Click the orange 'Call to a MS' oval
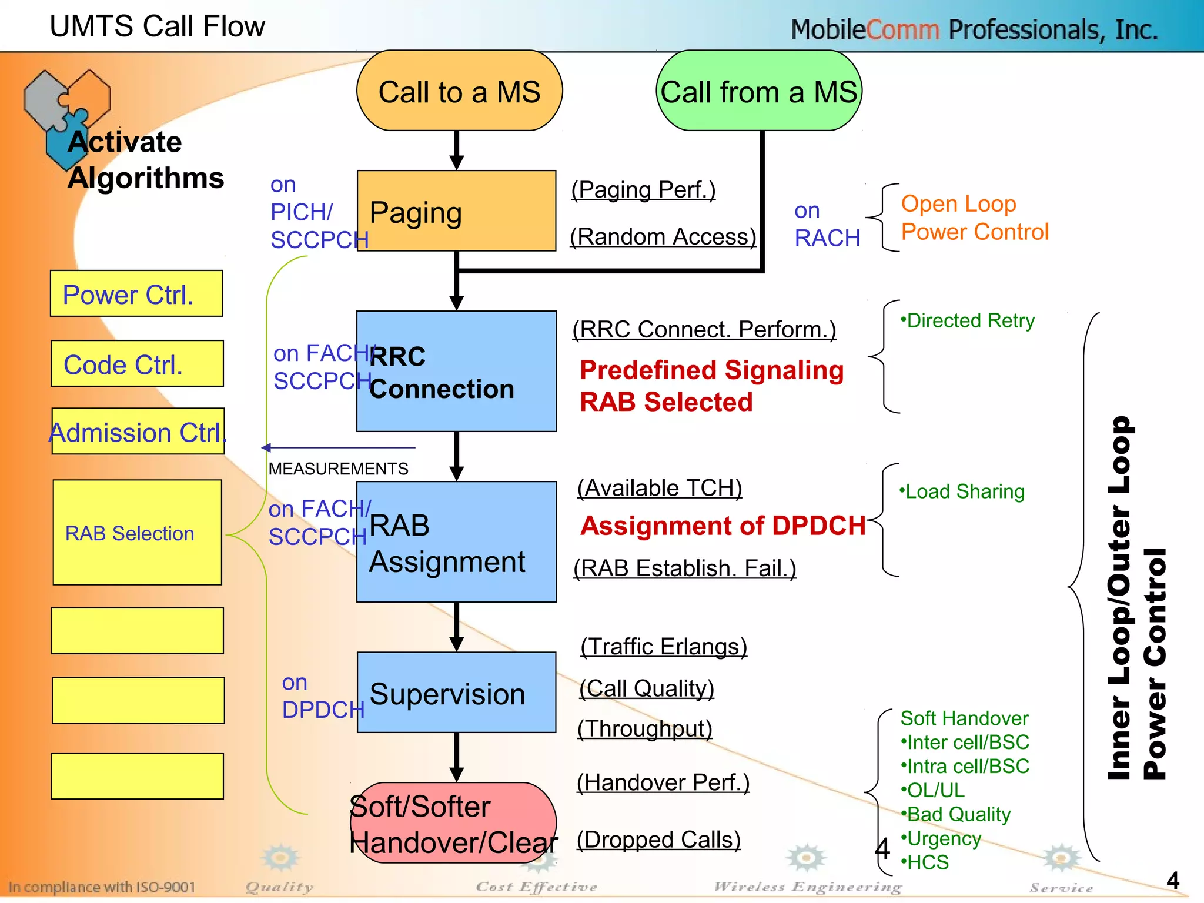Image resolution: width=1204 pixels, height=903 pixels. pos(459,91)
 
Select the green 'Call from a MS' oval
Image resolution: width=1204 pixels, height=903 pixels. pos(758,91)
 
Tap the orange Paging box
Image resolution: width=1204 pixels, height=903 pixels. pos(456,211)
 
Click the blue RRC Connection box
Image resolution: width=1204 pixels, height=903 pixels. pos(456,372)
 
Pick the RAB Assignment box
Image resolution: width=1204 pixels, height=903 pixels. pos(456,542)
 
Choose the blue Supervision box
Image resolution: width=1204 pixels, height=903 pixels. pos(456,693)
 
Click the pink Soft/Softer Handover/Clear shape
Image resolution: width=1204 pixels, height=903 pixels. pos(453,823)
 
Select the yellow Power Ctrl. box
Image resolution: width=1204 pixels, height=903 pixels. pos(136,294)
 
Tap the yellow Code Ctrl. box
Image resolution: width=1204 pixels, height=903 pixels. pos(137,364)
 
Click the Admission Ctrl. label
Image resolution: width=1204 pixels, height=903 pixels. pos(138,432)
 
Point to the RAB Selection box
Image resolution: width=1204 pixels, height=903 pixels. pos(137,533)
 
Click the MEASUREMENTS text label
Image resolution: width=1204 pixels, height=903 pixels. pos(338,469)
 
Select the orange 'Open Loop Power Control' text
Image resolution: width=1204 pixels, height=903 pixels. pos(974,218)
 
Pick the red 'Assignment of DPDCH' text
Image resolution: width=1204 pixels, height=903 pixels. pos(723,526)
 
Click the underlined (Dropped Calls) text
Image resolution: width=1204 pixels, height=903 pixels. pos(658,840)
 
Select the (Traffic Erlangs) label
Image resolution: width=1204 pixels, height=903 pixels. pos(664,647)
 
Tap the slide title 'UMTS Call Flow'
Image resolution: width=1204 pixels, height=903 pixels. pos(157,26)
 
